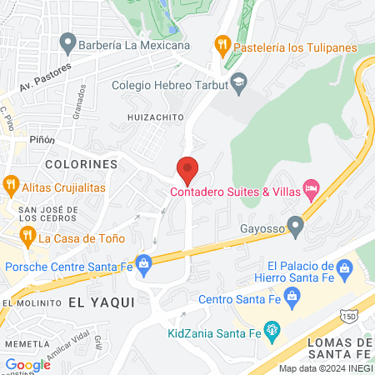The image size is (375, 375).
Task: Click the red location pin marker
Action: [188, 170]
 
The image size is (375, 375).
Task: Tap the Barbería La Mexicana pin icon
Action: [67, 43]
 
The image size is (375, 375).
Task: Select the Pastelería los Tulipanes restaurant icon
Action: [222, 43]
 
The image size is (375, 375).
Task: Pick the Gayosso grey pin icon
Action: [294, 225]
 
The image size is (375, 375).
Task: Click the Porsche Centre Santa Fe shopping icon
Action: [144, 264]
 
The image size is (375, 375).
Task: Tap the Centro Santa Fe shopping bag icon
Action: [292, 296]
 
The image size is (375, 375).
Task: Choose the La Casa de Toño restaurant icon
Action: [27, 236]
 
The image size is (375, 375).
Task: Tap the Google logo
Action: [28, 364]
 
